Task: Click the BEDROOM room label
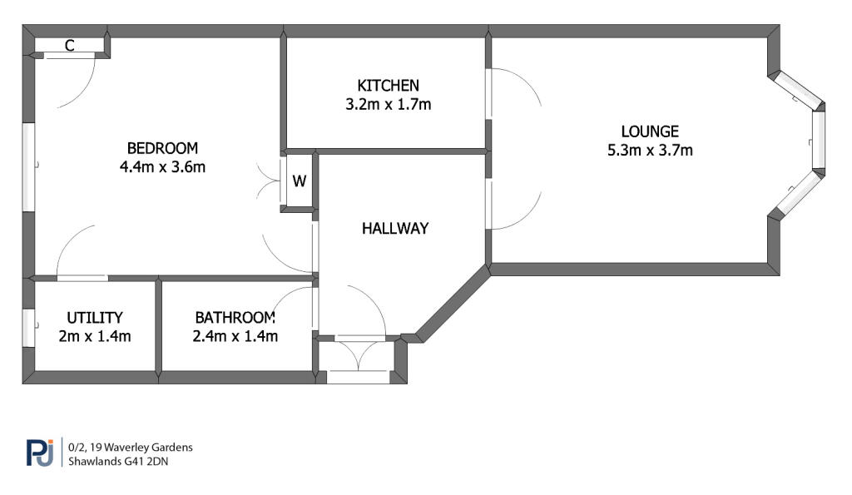coord(162,148)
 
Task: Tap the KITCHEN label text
coord(388,85)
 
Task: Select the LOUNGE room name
coord(650,131)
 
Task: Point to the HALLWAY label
coord(395,228)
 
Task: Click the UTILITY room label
coord(95,317)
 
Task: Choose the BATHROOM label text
coord(235,317)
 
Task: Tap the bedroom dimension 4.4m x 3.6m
coord(162,166)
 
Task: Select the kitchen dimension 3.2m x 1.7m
coord(388,105)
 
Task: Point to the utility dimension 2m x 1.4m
coord(95,336)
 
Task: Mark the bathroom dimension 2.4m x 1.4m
coord(235,336)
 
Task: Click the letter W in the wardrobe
coord(300,181)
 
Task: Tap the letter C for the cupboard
coord(69,47)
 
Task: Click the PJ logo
coord(39,453)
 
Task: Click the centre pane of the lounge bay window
coord(818,139)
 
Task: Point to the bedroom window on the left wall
coord(27,166)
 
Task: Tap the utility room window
coord(28,327)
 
